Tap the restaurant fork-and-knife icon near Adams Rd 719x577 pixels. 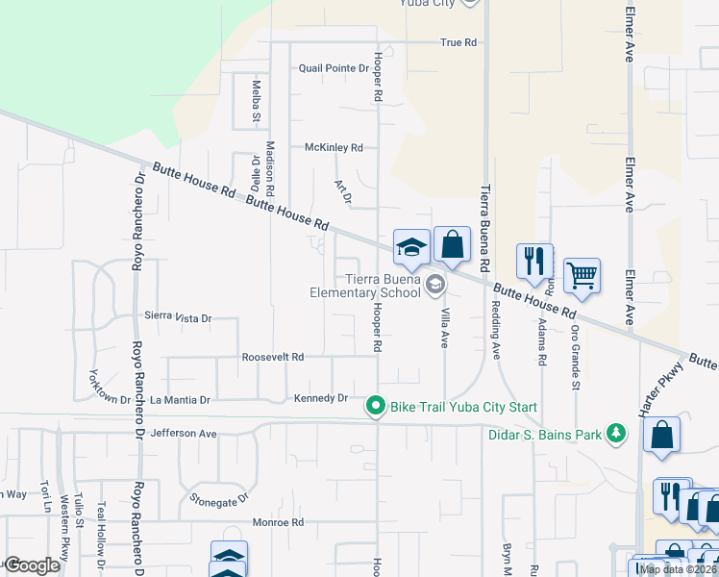pos(534,261)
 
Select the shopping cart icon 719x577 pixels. pos(582,276)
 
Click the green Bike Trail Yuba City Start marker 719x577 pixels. pos(376,408)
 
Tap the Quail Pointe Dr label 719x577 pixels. pos(334,69)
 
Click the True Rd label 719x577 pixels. pos(459,42)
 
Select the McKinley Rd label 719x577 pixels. pos(334,148)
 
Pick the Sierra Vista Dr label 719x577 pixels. pos(177,316)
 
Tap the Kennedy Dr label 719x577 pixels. pos(320,397)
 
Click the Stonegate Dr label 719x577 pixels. pos(219,499)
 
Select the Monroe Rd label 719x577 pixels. pos(278,523)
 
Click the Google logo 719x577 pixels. pos(32,565)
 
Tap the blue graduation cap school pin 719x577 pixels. pos(411,248)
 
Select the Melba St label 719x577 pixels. pos(257,103)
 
